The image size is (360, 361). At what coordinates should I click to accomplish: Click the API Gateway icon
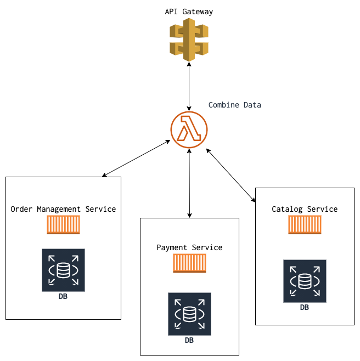pyautogui.click(x=189, y=40)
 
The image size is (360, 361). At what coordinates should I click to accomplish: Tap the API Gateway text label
pyautogui.click(x=189, y=12)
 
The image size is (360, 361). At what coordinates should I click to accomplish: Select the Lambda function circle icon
pyautogui.click(x=189, y=129)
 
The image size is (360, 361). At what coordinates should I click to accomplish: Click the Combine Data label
pyautogui.click(x=235, y=105)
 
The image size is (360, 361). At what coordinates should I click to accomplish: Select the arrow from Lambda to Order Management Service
pyautogui.click(x=136, y=159)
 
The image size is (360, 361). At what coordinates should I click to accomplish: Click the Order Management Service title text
pyautogui.click(x=63, y=209)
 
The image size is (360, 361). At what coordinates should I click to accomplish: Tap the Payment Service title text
pyautogui.click(x=189, y=247)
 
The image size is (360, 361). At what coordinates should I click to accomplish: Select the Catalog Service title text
pyautogui.click(x=305, y=209)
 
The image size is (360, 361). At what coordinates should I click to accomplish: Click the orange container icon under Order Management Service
pyautogui.click(x=63, y=225)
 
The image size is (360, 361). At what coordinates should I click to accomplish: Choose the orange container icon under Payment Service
pyautogui.click(x=189, y=263)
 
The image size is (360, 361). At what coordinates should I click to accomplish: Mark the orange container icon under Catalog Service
pyautogui.click(x=305, y=225)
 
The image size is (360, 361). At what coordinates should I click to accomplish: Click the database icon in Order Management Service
pyautogui.click(x=63, y=270)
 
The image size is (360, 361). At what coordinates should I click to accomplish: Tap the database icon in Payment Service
pyautogui.click(x=189, y=314)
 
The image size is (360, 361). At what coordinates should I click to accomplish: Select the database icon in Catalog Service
pyautogui.click(x=305, y=281)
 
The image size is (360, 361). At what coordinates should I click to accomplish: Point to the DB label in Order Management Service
pyautogui.click(x=63, y=296)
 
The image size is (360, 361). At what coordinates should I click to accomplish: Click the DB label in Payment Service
pyautogui.click(x=189, y=340)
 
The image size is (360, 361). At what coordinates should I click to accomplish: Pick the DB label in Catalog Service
pyautogui.click(x=305, y=307)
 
